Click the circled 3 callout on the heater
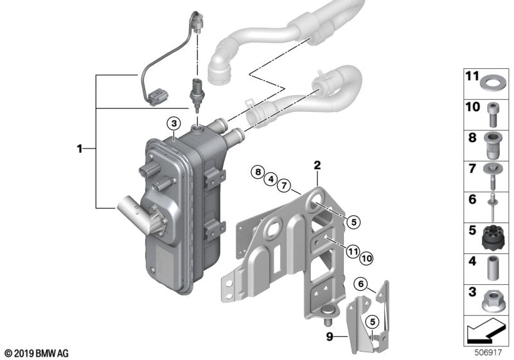[x=174, y=123]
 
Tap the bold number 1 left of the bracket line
[x=80, y=148]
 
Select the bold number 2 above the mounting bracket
[x=317, y=165]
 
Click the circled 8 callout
[x=258, y=172]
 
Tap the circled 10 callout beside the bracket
[x=366, y=258]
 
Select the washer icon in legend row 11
[x=492, y=82]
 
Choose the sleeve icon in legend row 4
[x=492, y=267]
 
